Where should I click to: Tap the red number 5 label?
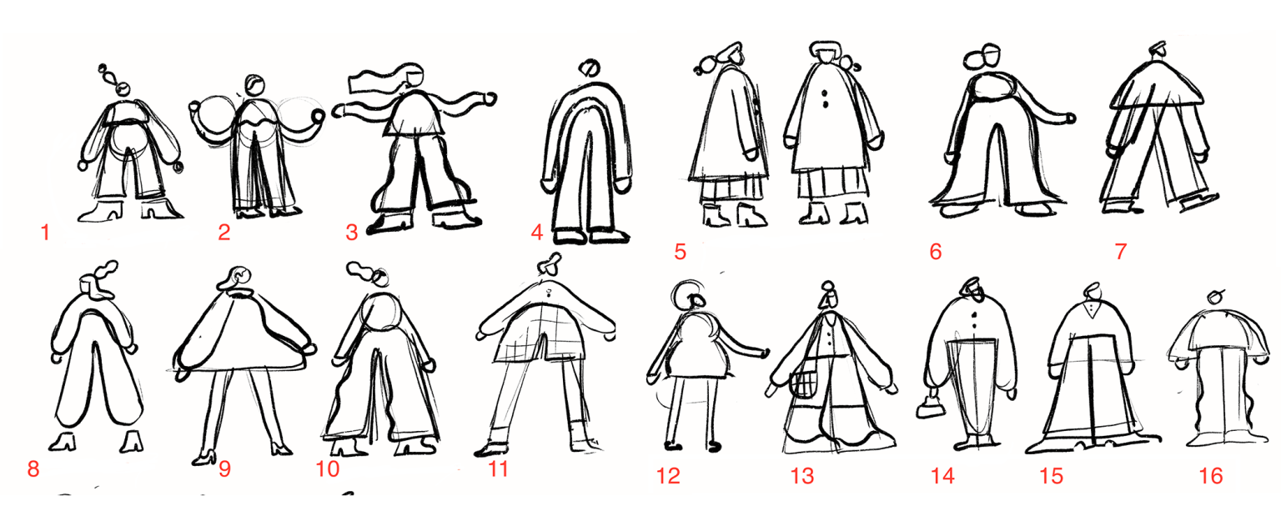[x=681, y=251]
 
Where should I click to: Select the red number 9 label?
[x=224, y=469]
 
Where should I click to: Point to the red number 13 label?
[x=801, y=476]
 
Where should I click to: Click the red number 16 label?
[x=1210, y=476]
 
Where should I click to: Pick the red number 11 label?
[x=498, y=469]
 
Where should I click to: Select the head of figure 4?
[x=588, y=68]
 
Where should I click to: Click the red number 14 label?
[x=942, y=476]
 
